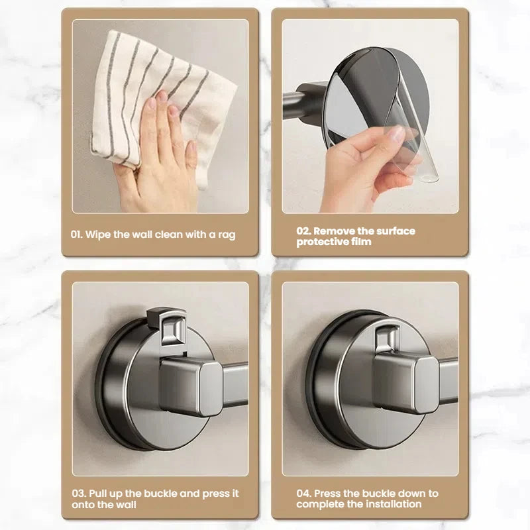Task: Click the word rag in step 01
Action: tap(227, 235)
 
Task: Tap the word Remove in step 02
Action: tap(335, 231)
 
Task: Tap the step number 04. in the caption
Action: tap(303, 494)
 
